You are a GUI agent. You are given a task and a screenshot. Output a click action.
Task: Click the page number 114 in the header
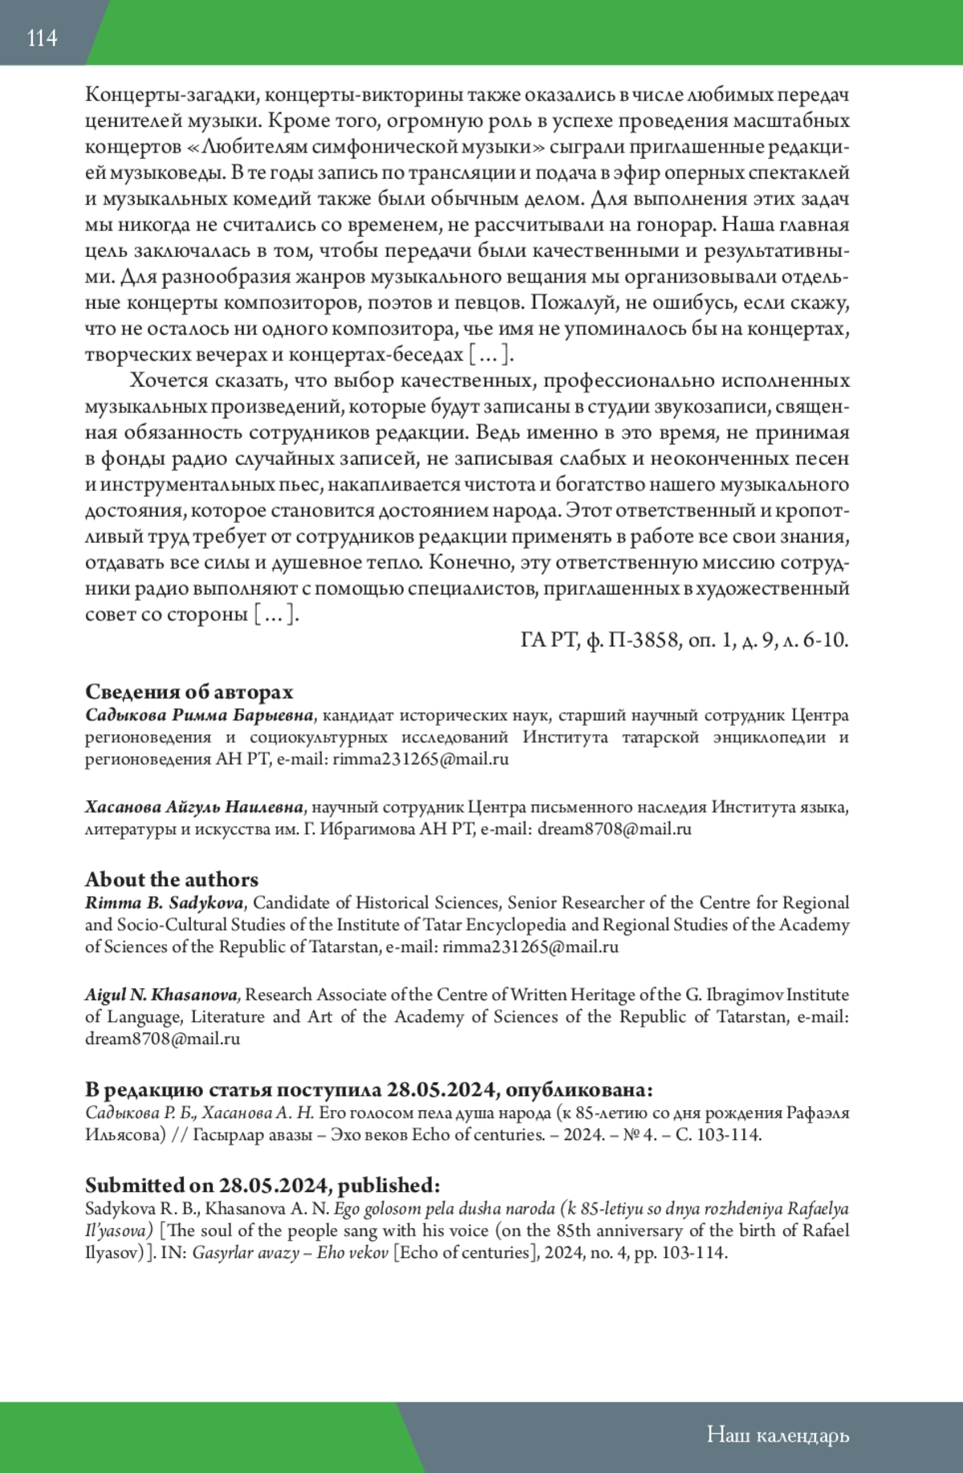(42, 38)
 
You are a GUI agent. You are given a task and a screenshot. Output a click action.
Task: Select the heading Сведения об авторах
(189, 691)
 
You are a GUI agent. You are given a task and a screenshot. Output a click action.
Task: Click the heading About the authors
(172, 879)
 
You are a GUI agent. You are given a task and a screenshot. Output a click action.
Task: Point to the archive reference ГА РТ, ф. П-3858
(601, 640)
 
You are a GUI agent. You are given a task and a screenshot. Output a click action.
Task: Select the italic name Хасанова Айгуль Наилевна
(194, 807)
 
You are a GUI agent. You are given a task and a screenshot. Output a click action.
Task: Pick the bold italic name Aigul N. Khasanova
(162, 995)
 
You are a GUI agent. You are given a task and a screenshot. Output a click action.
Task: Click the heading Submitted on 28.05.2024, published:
(262, 1185)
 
